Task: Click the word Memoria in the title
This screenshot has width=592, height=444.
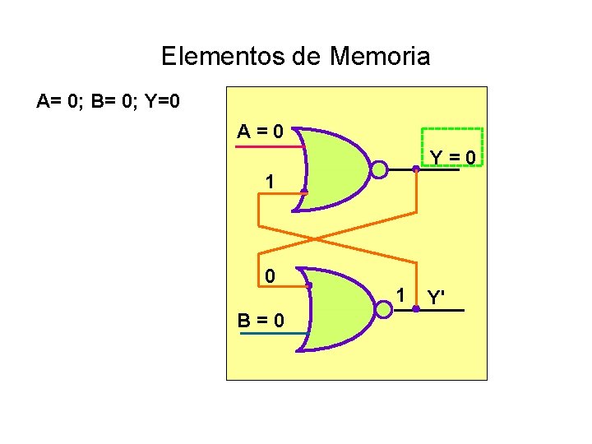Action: pyautogui.click(x=380, y=57)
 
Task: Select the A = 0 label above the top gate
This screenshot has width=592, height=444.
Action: pyautogui.click(x=261, y=131)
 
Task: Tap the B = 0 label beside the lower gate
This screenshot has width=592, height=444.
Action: pyautogui.click(x=262, y=319)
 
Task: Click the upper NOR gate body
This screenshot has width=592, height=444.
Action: pyautogui.click(x=337, y=170)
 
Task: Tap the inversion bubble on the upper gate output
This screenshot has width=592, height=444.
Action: pyautogui.click(x=379, y=170)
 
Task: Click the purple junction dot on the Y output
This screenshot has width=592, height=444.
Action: pyautogui.click(x=416, y=169)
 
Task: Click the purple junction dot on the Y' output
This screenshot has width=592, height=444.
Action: pyautogui.click(x=416, y=309)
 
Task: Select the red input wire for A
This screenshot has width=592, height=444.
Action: pyautogui.click(x=268, y=146)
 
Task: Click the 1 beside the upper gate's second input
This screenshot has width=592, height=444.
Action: pyautogui.click(x=270, y=183)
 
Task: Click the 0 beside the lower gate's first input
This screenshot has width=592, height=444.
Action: pyautogui.click(x=270, y=276)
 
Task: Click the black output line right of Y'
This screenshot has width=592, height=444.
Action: pyautogui.click(x=448, y=310)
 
